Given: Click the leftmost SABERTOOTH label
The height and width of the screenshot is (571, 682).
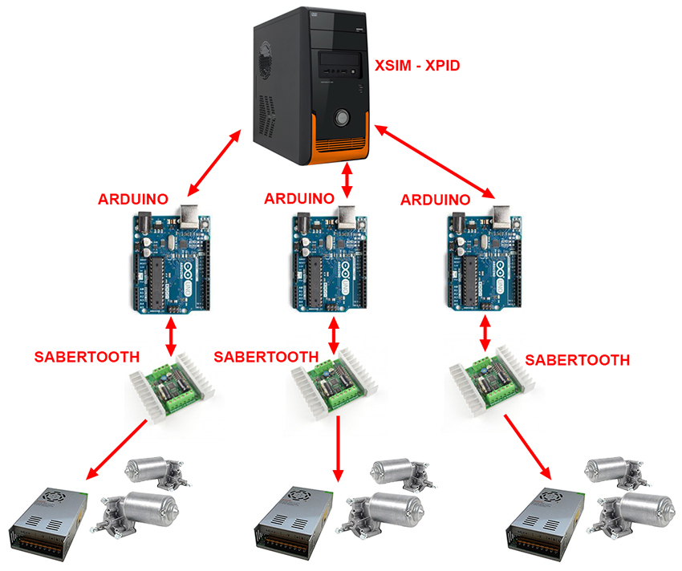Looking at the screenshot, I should coord(87,356).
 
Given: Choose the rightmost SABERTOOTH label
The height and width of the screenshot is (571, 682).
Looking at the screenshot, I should coord(577,360).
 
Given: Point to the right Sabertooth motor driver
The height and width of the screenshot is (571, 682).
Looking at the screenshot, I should coord(487,383).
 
